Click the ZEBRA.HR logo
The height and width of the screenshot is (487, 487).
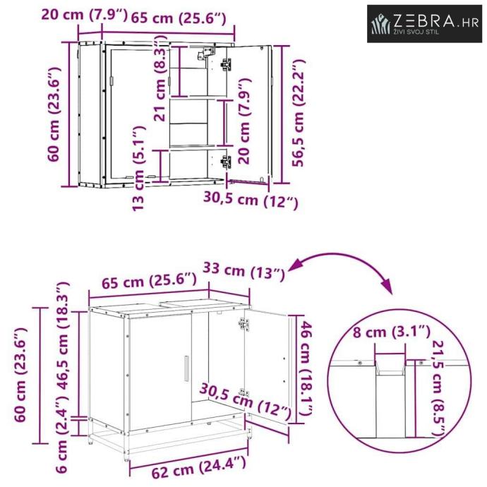(x=424, y=23)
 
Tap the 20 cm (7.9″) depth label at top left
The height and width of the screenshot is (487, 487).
(x=84, y=15)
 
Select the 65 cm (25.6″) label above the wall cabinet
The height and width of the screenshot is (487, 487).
(x=179, y=18)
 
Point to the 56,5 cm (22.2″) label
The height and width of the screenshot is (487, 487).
(x=299, y=114)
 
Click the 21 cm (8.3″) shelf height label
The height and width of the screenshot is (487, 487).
(x=160, y=78)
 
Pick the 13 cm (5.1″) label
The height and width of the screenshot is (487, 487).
(x=138, y=169)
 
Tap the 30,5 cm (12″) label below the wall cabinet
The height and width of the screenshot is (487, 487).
(x=251, y=200)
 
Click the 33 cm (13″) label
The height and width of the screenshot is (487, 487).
(x=243, y=271)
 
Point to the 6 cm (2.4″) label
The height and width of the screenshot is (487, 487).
(x=62, y=438)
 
